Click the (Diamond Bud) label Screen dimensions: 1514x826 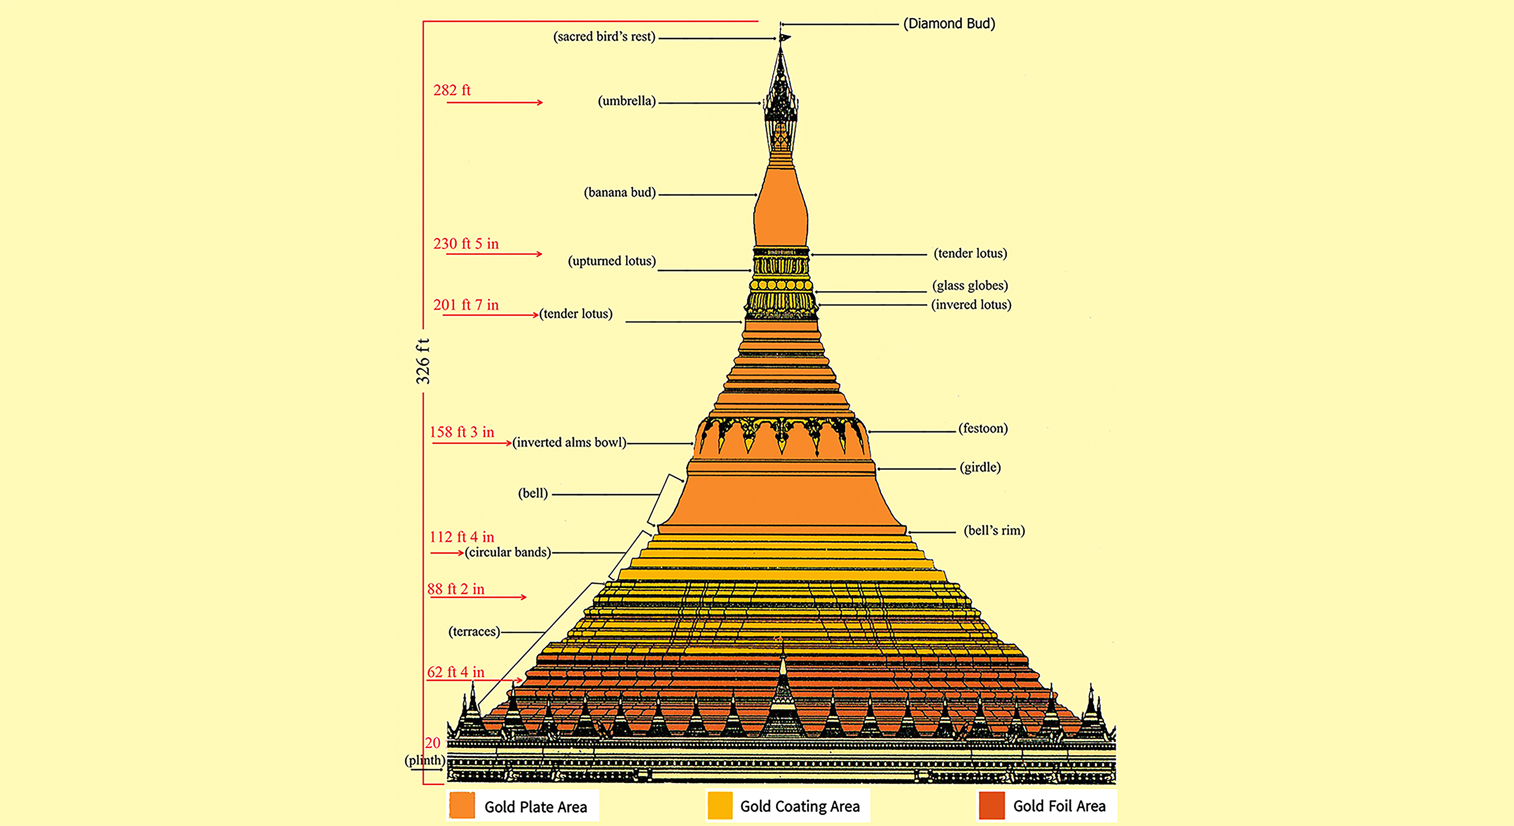click(949, 23)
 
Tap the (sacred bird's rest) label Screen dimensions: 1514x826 click(604, 36)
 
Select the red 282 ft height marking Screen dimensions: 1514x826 click(452, 90)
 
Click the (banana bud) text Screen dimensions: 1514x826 click(620, 192)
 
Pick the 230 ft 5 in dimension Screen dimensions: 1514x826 click(466, 244)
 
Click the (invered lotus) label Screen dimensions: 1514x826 click(971, 304)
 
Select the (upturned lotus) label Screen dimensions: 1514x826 click(612, 261)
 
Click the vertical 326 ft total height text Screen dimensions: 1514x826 click(422, 361)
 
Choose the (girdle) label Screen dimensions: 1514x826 click(980, 467)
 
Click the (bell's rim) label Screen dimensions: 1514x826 click(994, 530)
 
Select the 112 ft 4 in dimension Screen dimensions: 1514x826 click(462, 537)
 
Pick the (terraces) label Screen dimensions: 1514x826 click(474, 631)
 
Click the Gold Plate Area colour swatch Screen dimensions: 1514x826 click(462, 806)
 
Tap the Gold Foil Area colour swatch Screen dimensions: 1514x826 click(992, 806)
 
